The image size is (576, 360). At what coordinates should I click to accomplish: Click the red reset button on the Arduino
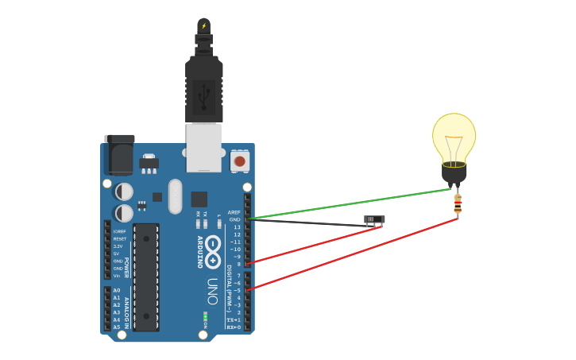239,161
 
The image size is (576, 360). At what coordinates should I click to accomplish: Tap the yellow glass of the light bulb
454,135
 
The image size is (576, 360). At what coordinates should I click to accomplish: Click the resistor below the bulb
458,206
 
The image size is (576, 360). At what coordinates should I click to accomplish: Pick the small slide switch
374,219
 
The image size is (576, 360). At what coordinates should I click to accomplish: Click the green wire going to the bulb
350,203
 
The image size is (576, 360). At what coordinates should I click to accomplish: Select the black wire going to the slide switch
310,223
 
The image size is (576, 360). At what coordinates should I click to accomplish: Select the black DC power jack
120,154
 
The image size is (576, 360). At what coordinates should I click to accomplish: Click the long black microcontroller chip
146,277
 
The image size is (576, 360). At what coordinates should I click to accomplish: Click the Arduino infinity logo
212,252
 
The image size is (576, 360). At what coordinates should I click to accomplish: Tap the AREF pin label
234,212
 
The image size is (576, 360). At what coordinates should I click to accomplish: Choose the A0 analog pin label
117,290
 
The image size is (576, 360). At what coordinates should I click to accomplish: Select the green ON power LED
205,317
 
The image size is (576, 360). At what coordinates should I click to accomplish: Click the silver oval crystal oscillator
175,195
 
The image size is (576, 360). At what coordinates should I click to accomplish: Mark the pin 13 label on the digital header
236,227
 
